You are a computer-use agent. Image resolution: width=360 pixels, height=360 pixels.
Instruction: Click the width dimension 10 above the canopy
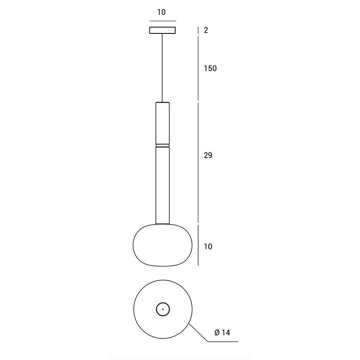tap(161, 12)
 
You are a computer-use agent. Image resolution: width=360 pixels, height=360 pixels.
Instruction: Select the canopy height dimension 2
tap(206, 30)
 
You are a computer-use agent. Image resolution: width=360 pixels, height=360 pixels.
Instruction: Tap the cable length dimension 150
tap(210, 69)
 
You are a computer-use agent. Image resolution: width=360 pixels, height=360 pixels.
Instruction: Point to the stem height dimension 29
tap(208, 155)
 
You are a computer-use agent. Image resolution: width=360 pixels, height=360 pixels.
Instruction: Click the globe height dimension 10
tap(208, 246)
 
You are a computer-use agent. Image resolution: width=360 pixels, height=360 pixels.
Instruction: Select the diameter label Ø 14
tap(222, 332)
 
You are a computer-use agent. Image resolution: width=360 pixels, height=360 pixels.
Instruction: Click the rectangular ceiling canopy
tap(163, 30)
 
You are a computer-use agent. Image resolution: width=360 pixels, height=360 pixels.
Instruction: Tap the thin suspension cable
tap(163, 68)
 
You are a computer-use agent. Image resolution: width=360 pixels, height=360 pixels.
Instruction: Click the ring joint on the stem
tap(163, 146)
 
